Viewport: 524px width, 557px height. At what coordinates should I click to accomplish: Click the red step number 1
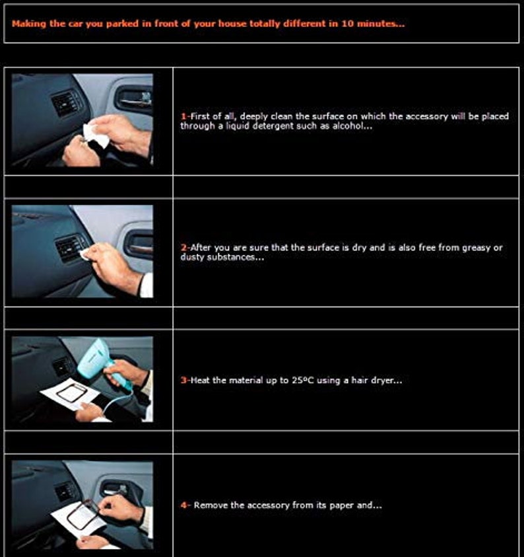tap(183, 116)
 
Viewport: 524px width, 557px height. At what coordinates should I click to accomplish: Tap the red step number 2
tap(183, 248)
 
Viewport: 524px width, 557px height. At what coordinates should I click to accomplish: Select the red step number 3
tap(183, 380)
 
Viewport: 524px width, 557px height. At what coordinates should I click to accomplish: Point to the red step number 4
tap(183, 505)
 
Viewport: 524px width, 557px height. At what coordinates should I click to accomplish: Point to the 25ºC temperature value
tap(303, 380)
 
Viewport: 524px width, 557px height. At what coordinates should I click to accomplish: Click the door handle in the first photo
tap(134, 100)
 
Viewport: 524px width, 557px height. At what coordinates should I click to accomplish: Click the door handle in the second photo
tap(139, 244)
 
